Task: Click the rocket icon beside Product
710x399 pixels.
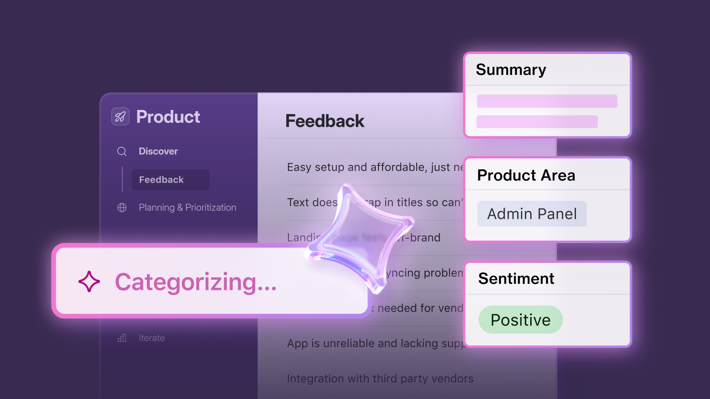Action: pos(120,117)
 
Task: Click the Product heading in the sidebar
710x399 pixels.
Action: pos(168,117)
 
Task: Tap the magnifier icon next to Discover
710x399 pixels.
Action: pos(122,152)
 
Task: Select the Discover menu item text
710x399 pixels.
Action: pos(158,152)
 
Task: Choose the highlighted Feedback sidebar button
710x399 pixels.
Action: pos(170,180)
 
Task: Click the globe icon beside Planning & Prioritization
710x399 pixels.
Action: pos(122,207)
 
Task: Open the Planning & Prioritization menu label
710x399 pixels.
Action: pos(187,207)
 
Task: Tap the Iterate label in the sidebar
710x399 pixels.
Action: pos(152,338)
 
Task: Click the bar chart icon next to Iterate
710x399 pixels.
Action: pos(122,338)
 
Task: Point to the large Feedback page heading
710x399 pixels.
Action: pos(325,121)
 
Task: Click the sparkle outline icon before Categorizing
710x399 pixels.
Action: pos(89,282)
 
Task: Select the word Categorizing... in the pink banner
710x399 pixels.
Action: pos(196,282)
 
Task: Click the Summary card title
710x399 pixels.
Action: pos(511,70)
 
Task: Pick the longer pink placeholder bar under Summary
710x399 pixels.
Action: pos(547,101)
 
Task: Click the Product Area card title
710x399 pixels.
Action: pos(526,176)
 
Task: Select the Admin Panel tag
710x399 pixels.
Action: pos(532,214)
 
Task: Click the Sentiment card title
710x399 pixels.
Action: pos(516,279)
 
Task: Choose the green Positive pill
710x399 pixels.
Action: pos(521,320)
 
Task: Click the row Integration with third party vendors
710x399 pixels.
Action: pos(380,379)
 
